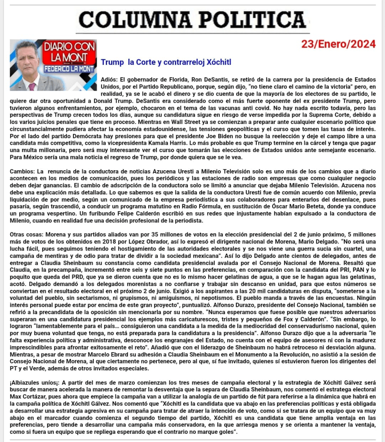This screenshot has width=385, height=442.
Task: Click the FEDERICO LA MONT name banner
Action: [68, 68]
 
